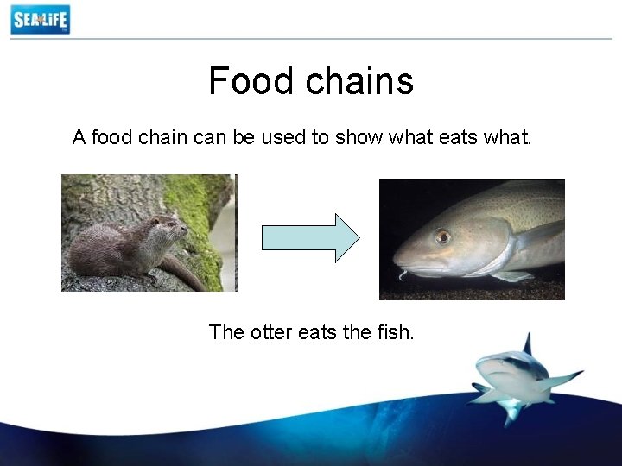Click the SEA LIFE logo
click(40, 19)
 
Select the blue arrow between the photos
click(310, 237)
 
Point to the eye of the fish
click(442, 236)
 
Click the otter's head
click(169, 228)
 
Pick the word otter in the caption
click(271, 331)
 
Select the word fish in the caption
click(395, 331)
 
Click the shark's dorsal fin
click(527, 344)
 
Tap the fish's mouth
click(399, 264)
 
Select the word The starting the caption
click(227, 331)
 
